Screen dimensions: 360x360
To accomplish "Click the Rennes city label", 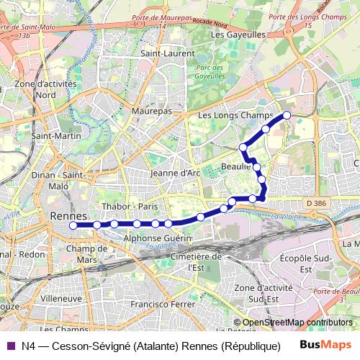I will [68, 216].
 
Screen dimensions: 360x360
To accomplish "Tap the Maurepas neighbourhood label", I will [151, 112].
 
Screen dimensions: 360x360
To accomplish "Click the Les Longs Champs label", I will [235, 115].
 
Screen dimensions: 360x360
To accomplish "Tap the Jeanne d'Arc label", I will [176, 173].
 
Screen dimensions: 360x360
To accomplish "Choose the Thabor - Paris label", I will [130, 207].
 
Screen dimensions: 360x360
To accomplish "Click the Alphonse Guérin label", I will [158, 238].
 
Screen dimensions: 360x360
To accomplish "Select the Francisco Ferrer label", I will [164, 304].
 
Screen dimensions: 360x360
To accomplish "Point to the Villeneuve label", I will [61, 297].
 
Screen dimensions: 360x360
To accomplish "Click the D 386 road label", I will [315, 204].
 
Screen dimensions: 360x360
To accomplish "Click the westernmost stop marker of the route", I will [73, 225].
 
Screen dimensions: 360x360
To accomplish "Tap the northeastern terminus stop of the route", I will [287, 115].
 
